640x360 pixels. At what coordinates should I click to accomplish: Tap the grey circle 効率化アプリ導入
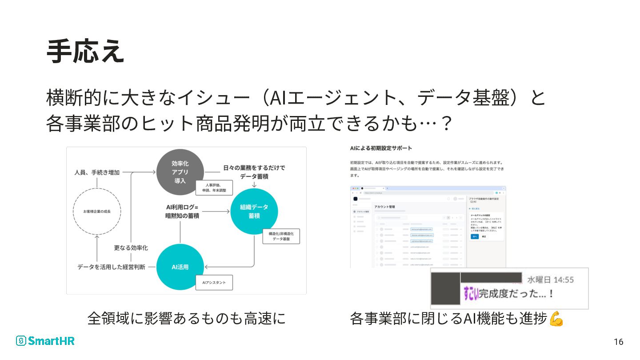[180, 172]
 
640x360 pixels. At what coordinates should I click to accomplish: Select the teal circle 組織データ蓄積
[254, 211]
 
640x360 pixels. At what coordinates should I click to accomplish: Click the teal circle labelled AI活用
[180, 267]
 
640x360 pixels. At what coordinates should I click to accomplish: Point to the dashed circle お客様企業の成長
[97, 212]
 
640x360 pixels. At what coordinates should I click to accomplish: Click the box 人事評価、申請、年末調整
[214, 188]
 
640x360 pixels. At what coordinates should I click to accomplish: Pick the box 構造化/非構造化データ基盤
[281, 236]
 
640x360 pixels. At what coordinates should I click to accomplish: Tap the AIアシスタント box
[214, 283]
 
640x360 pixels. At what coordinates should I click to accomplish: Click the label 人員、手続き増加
[97, 172]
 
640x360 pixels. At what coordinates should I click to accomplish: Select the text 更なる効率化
[131, 248]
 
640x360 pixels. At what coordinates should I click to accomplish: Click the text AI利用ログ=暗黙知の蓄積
[182, 211]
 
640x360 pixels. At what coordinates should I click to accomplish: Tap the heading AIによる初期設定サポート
[380, 148]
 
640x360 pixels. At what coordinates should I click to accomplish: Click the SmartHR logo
[45, 341]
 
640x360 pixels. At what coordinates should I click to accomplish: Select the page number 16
[618, 342]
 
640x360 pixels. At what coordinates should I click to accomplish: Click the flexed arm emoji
[556, 319]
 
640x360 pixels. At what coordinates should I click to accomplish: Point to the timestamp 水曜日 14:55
[550, 280]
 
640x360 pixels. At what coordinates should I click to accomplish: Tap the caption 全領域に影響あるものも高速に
[186, 318]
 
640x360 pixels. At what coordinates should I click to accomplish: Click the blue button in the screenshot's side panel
[474, 236]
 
